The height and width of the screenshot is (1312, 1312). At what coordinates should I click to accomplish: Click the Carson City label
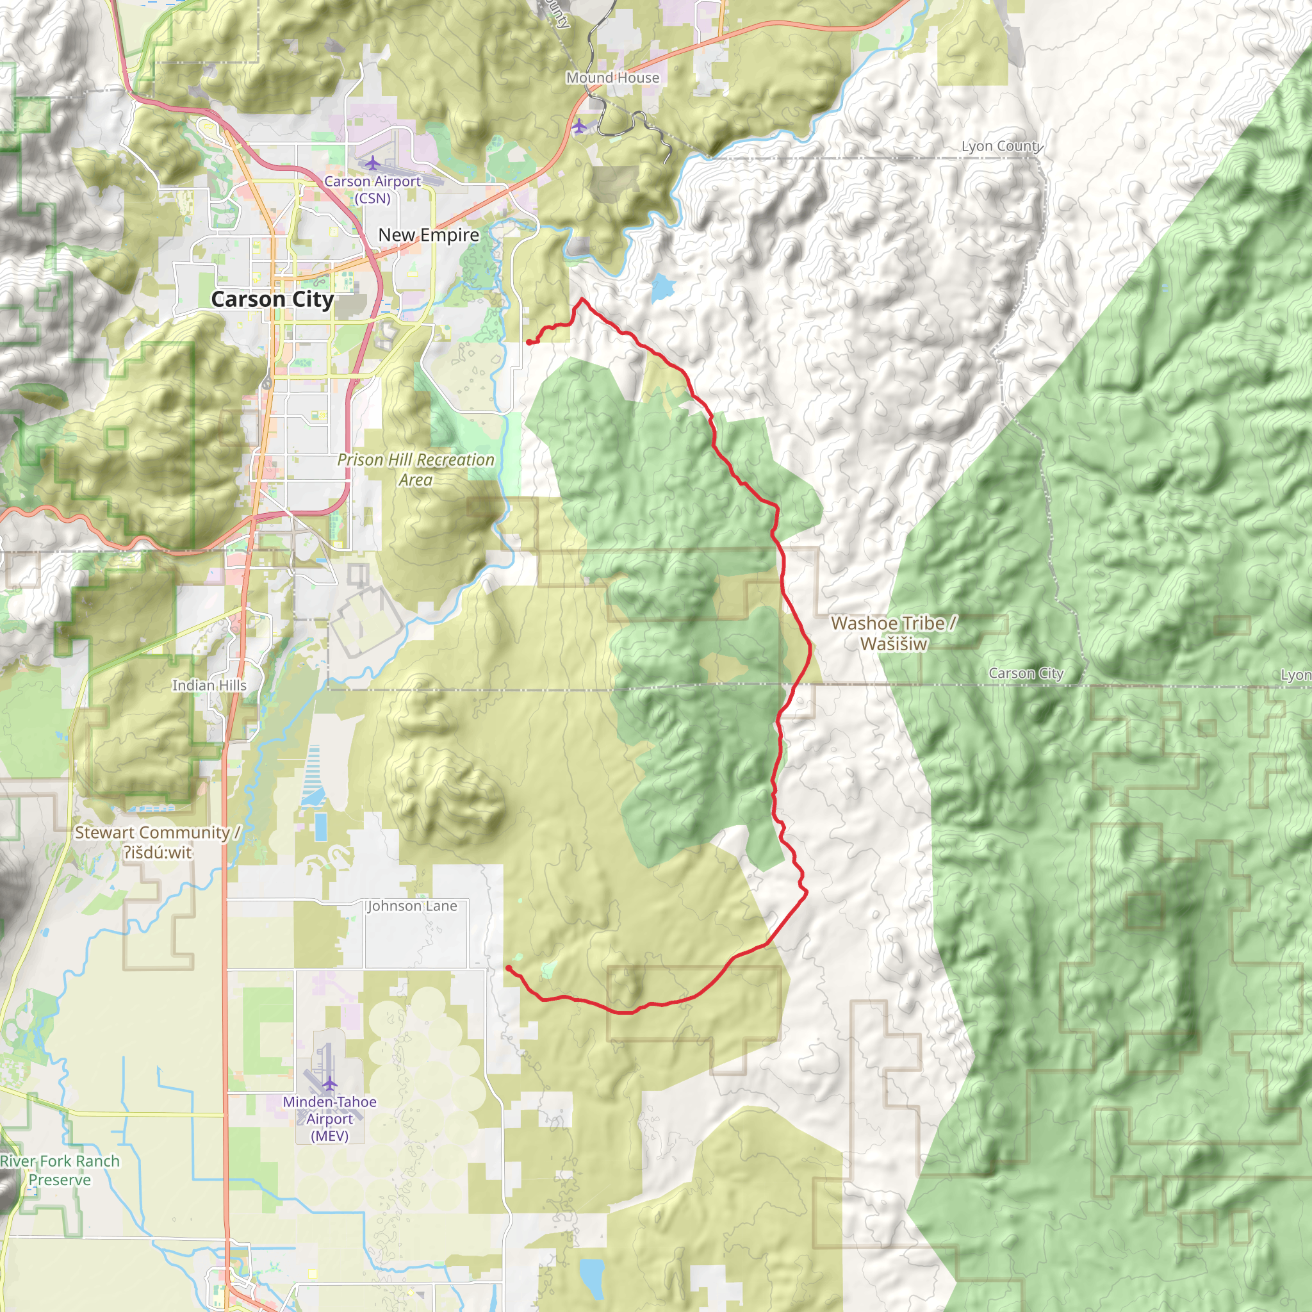pyautogui.click(x=272, y=299)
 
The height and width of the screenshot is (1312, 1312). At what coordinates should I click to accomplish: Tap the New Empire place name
pyautogui.click(x=429, y=235)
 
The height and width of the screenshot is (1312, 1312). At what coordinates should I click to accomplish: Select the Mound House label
pyautogui.click(x=612, y=78)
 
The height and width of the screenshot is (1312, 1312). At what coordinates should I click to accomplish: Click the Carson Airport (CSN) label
pyautogui.click(x=372, y=190)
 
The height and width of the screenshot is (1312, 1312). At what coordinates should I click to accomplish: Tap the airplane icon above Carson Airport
pyautogui.click(x=372, y=163)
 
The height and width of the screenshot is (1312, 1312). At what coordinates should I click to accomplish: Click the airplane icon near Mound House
pyautogui.click(x=578, y=126)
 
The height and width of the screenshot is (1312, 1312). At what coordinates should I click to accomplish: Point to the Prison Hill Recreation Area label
pyautogui.click(x=416, y=469)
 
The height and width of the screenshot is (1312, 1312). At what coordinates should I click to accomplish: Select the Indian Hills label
pyautogui.click(x=209, y=685)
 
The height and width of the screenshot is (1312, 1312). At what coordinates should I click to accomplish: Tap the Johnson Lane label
pyautogui.click(x=412, y=906)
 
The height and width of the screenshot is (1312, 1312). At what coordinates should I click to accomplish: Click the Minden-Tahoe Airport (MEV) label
pyautogui.click(x=329, y=1119)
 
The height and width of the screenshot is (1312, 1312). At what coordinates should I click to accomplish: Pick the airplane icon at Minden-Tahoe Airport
pyautogui.click(x=329, y=1083)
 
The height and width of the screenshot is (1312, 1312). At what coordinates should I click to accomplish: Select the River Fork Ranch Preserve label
pyautogui.click(x=60, y=1170)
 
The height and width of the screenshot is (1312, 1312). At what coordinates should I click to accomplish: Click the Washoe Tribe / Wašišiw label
pyautogui.click(x=894, y=633)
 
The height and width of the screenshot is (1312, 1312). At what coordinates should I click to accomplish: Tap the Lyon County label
pyautogui.click(x=1002, y=146)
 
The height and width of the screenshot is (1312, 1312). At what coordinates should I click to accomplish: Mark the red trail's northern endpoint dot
pyautogui.click(x=529, y=342)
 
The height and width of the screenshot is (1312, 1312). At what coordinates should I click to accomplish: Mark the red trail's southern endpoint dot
pyautogui.click(x=508, y=968)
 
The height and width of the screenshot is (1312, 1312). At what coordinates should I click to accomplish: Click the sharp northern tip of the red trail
pyautogui.click(x=582, y=299)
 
